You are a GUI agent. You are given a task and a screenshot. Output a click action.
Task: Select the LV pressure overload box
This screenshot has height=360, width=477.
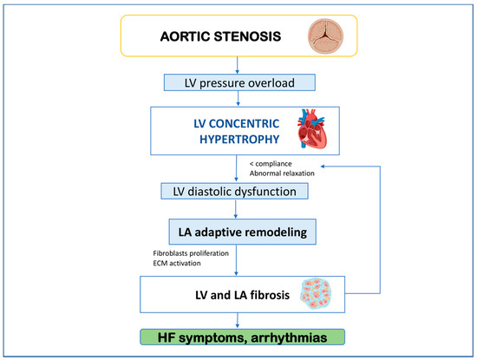pos(238,82)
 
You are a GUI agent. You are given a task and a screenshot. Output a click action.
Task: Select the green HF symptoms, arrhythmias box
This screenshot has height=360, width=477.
pos(238,336)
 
